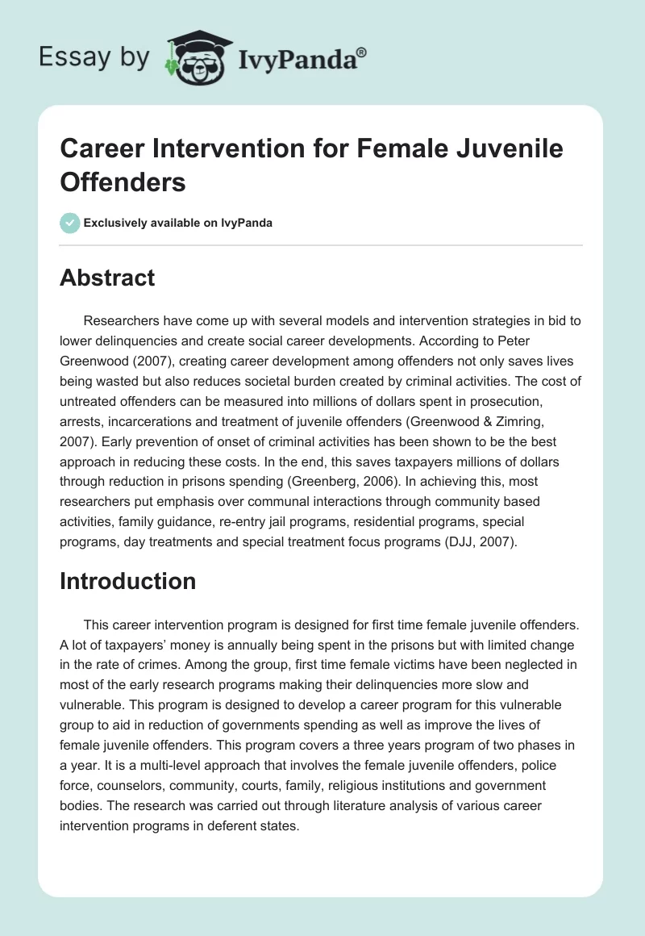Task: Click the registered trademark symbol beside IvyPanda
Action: [x=362, y=51]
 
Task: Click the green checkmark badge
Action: [x=69, y=223]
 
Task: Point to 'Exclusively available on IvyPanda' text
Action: [x=179, y=223]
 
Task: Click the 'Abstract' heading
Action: [x=107, y=278]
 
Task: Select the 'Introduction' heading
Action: [x=127, y=581]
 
